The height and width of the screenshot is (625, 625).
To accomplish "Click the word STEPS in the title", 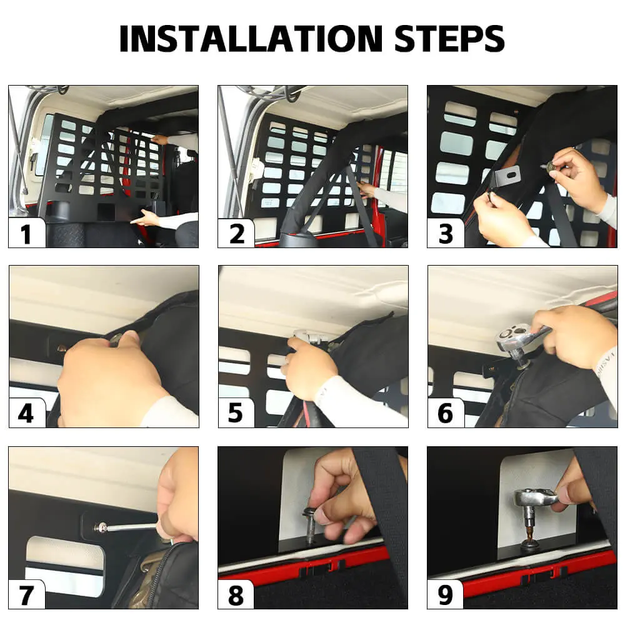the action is point(449,38).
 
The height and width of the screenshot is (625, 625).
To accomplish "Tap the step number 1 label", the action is point(26,234).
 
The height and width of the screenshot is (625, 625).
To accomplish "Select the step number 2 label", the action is point(237,234).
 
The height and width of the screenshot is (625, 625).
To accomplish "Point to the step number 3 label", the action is point(446,234).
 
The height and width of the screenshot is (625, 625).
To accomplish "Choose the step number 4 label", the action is point(26,414).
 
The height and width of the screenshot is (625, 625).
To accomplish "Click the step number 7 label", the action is point(26,596).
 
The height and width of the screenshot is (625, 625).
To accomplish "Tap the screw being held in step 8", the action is point(310,524).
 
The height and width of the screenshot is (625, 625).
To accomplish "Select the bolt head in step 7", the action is point(99,527).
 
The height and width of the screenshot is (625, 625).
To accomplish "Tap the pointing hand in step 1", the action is point(146,218).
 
